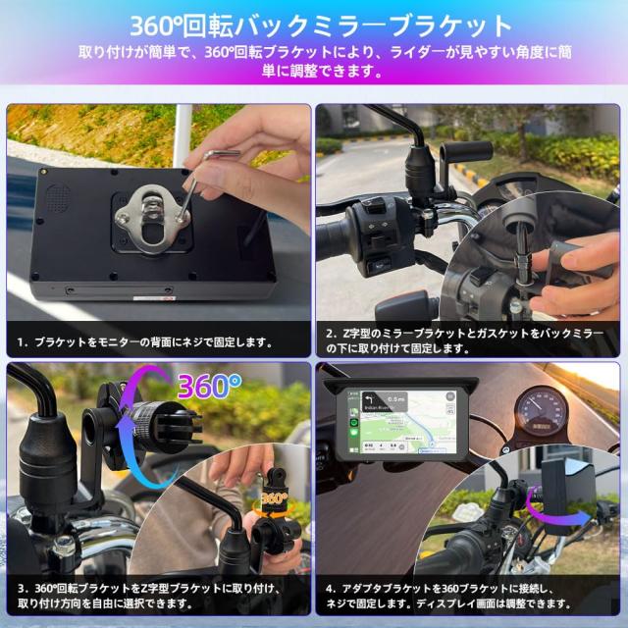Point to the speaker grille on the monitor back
point(55,197)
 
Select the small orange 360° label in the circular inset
point(274,497)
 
